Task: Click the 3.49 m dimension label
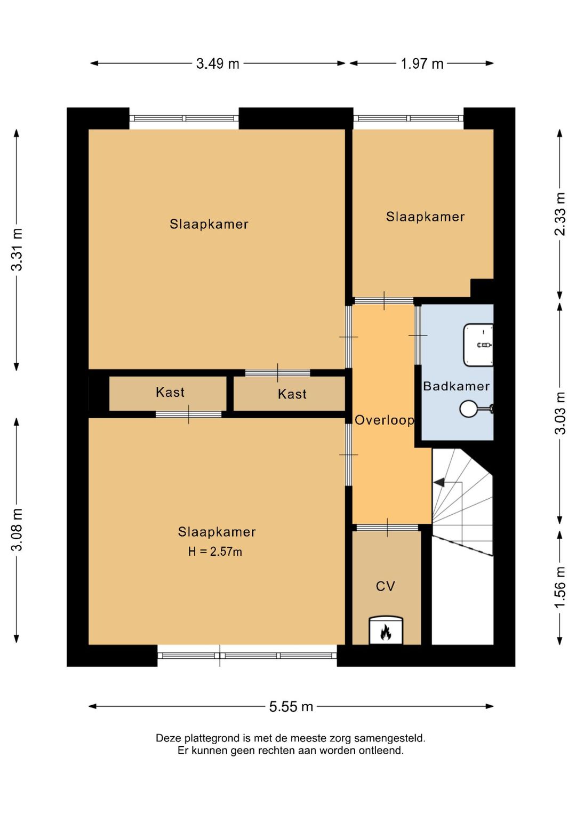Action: point(218,64)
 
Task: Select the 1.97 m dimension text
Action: point(422,64)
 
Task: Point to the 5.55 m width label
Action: point(291,706)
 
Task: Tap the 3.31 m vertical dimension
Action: point(17,250)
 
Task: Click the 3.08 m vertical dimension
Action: point(17,530)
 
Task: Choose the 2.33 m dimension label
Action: point(560,214)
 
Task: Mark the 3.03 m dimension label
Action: point(560,413)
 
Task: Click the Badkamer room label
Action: point(456,386)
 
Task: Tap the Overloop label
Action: point(385,420)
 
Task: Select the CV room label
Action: point(385,586)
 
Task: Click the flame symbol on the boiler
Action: point(386,632)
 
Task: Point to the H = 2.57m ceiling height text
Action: point(215,552)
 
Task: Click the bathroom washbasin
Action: point(478,344)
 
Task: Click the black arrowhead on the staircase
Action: point(439,482)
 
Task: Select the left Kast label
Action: point(170,393)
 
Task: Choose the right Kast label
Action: point(292,394)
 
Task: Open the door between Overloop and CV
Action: point(387,527)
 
